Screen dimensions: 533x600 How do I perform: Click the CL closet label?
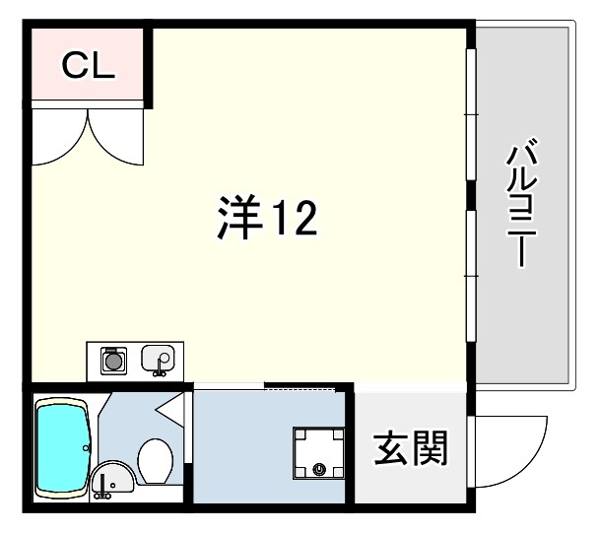point(89,66)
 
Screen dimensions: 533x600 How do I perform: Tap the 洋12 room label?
point(266,220)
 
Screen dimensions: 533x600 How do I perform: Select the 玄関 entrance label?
point(410,449)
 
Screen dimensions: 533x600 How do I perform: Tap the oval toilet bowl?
point(155,458)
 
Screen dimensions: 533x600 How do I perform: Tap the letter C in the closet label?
point(74,66)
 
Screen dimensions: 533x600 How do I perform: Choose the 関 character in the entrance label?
point(430,449)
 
